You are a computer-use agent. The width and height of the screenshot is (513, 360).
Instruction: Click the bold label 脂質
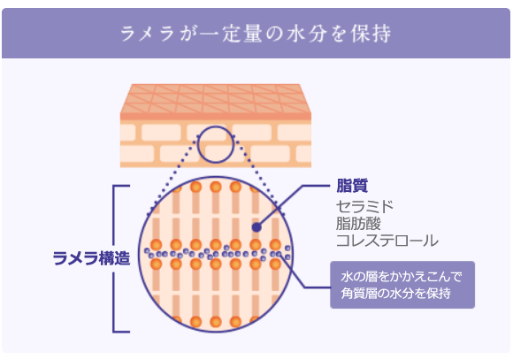pyautogui.click(x=352, y=186)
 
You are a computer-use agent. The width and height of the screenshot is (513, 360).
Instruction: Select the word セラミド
pyautogui.click(x=364, y=206)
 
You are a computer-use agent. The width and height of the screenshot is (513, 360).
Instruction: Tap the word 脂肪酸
pyautogui.click(x=358, y=224)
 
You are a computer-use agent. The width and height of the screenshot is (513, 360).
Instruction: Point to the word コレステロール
pyautogui.click(x=387, y=241)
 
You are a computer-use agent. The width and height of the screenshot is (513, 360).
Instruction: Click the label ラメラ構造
pyautogui.click(x=91, y=258)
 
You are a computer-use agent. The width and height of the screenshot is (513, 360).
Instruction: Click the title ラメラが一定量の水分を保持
pyautogui.click(x=256, y=33)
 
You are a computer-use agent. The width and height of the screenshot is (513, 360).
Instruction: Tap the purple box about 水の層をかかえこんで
pyautogui.click(x=402, y=285)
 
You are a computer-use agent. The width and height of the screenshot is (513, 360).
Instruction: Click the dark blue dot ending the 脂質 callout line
pyautogui.click(x=256, y=227)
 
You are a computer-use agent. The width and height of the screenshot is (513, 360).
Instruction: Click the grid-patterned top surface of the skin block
pyautogui.click(x=216, y=98)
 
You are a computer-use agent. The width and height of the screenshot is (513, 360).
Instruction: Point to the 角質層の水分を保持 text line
pyautogui.click(x=395, y=293)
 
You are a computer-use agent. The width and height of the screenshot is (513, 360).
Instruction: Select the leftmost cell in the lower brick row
pyautogui.click(x=137, y=154)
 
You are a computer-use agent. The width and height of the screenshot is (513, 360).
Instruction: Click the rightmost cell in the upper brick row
pyautogui.click(x=295, y=133)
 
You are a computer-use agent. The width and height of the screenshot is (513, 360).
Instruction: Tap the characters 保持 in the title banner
pyautogui.click(x=371, y=34)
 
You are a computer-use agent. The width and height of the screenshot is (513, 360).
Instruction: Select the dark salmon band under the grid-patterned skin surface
pyautogui.click(x=216, y=117)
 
